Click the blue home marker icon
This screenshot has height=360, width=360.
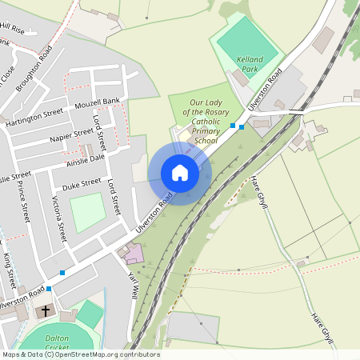tap(179, 173)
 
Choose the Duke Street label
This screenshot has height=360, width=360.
tap(82, 183)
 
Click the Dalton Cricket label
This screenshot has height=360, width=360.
tap(58, 342)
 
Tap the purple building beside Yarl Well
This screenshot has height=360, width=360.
tap(133, 254)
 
